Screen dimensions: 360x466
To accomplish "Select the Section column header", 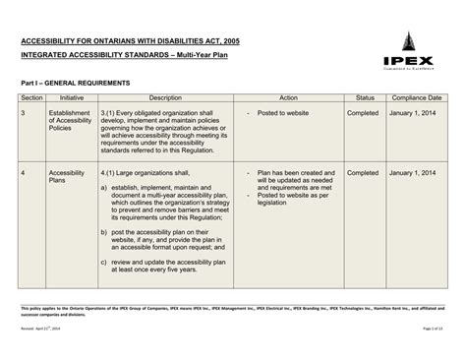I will tap(31, 99).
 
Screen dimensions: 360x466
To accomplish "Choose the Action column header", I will tap(288, 99).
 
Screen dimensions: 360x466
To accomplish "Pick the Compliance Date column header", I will tap(418, 99).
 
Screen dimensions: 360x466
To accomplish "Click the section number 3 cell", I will tap(24, 114).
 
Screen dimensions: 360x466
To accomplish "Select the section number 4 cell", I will tap(24, 172).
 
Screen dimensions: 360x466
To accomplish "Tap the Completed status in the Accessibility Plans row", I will tap(365, 172).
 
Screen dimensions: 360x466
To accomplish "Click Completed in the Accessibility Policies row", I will tap(365, 114).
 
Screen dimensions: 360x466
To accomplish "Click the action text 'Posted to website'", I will tap(286, 114).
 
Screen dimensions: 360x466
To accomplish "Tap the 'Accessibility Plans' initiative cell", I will tap(68, 177).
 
